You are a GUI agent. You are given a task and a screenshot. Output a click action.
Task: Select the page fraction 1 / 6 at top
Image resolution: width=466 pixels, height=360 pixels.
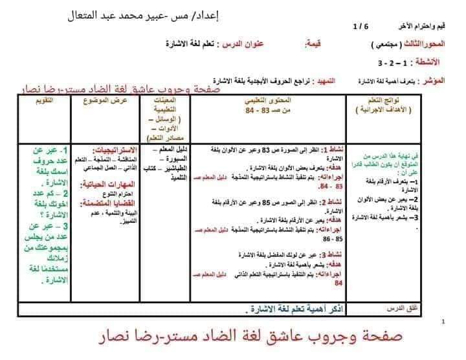[359, 27]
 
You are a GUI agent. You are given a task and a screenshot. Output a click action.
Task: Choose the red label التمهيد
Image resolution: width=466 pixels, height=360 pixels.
[324, 82]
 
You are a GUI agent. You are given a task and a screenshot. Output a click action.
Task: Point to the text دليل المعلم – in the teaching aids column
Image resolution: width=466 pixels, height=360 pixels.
[171, 150]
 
